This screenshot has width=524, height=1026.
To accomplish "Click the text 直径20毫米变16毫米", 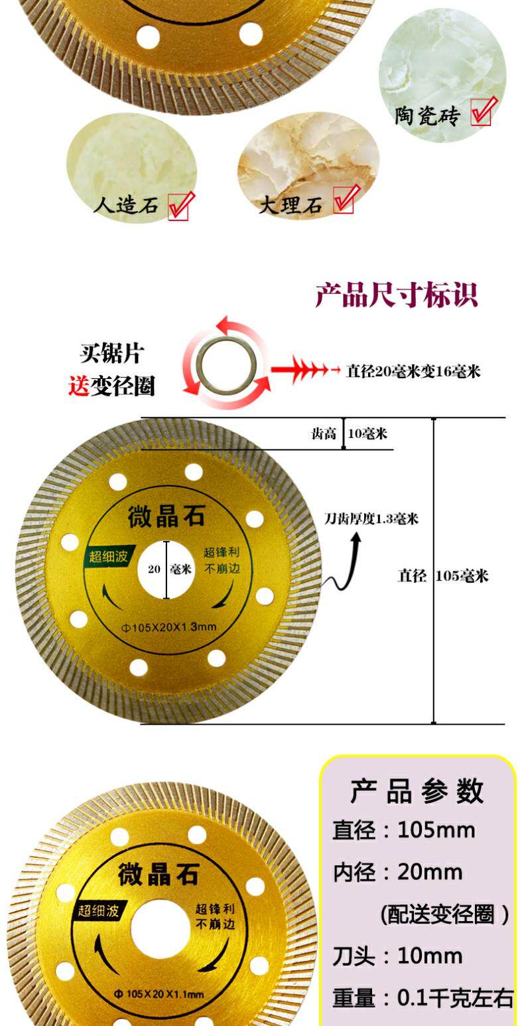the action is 413,372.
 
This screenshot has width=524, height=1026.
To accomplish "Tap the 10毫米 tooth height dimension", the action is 367,434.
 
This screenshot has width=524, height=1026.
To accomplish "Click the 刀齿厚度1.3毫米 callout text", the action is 371,519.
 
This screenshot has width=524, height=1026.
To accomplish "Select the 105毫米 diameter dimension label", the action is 462,576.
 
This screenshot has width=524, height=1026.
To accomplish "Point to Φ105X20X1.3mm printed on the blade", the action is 166,627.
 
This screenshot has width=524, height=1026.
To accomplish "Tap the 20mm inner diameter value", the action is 430,872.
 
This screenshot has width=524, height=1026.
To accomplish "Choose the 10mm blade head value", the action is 430,956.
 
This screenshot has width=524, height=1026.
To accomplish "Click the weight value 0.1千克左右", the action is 455,998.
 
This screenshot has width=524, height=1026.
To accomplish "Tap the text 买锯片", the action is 111,353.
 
